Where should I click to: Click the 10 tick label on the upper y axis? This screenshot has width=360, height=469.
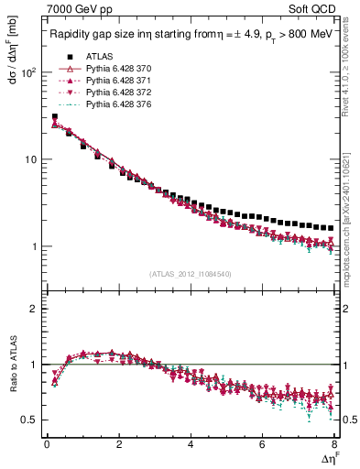click(31, 159)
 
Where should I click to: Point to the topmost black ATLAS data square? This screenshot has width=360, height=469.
click(55, 117)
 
